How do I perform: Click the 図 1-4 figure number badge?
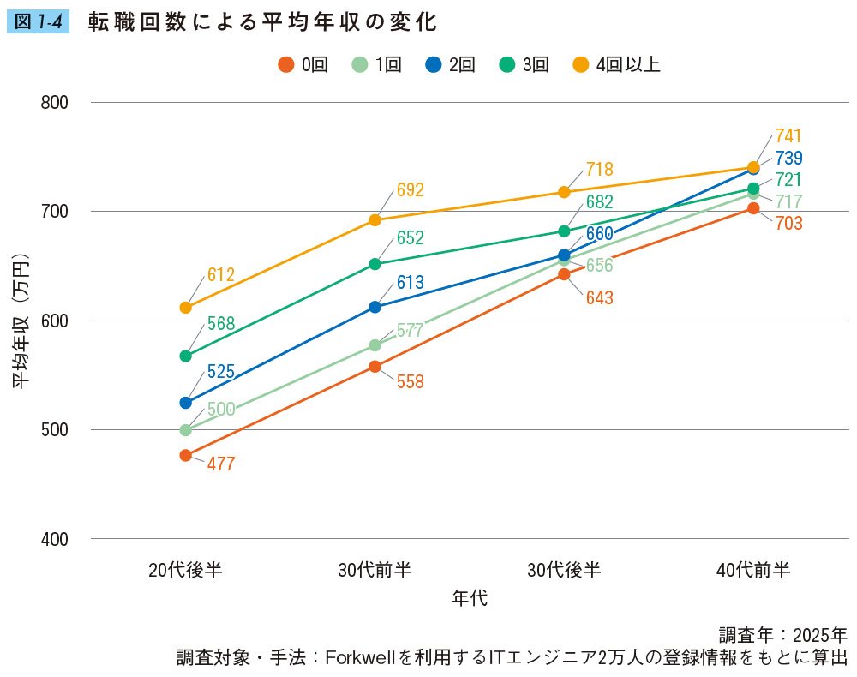pyautogui.click(x=37, y=22)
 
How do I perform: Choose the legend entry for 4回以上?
pyautogui.click(x=617, y=64)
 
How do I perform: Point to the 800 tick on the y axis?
pyautogui.click(x=54, y=103)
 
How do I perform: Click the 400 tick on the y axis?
pyautogui.click(x=54, y=539)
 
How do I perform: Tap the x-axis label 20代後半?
pyautogui.click(x=186, y=570)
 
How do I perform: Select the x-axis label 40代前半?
pyautogui.click(x=753, y=570)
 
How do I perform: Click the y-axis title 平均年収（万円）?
pyautogui.click(x=22, y=321)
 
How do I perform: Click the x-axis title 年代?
pyautogui.click(x=470, y=597)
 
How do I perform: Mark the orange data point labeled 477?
pyautogui.click(x=186, y=455)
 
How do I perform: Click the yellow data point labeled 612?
pyautogui.click(x=186, y=308)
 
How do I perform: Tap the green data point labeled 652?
pyautogui.click(x=375, y=264)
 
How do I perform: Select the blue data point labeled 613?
pyautogui.click(x=375, y=307)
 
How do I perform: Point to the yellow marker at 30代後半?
pyautogui.click(x=564, y=192)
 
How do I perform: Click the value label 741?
pyautogui.click(x=789, y=136)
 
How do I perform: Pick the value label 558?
pyautogui.click(x=411, y=382)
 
